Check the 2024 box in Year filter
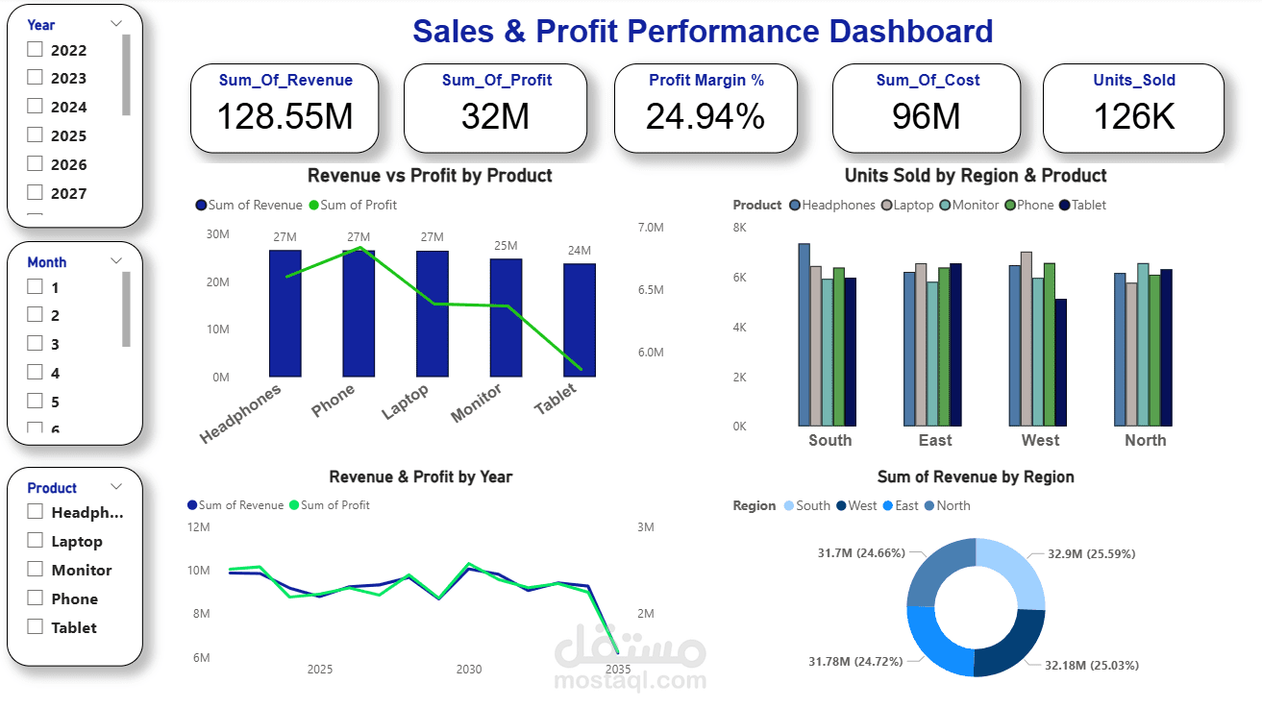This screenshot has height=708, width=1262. [x=36, y=107]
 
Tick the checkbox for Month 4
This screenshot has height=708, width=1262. [x=36, y=373]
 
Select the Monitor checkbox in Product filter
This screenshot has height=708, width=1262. [x=36, y=570]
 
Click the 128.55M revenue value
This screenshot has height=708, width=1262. [x=285, y=116]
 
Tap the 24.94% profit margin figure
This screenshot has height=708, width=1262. [x=705, y=116]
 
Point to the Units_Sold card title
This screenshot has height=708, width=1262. [x=1134, y=81]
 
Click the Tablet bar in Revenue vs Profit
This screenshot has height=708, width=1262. [x=579, y=320]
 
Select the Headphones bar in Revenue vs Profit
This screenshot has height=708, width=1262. [x=285, y=313]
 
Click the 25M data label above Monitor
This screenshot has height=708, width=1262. [x=506, y=246]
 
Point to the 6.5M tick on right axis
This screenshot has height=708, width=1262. [x=650, y=290]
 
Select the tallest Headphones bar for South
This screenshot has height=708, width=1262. [x=804, y=334]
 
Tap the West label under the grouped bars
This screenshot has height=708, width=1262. [x=1039, y=440]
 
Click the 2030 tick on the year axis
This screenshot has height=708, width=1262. [x=469, y=669]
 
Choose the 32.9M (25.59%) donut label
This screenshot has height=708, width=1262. [x=1077, y=554]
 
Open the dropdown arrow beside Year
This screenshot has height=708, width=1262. [x=116, y=23]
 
